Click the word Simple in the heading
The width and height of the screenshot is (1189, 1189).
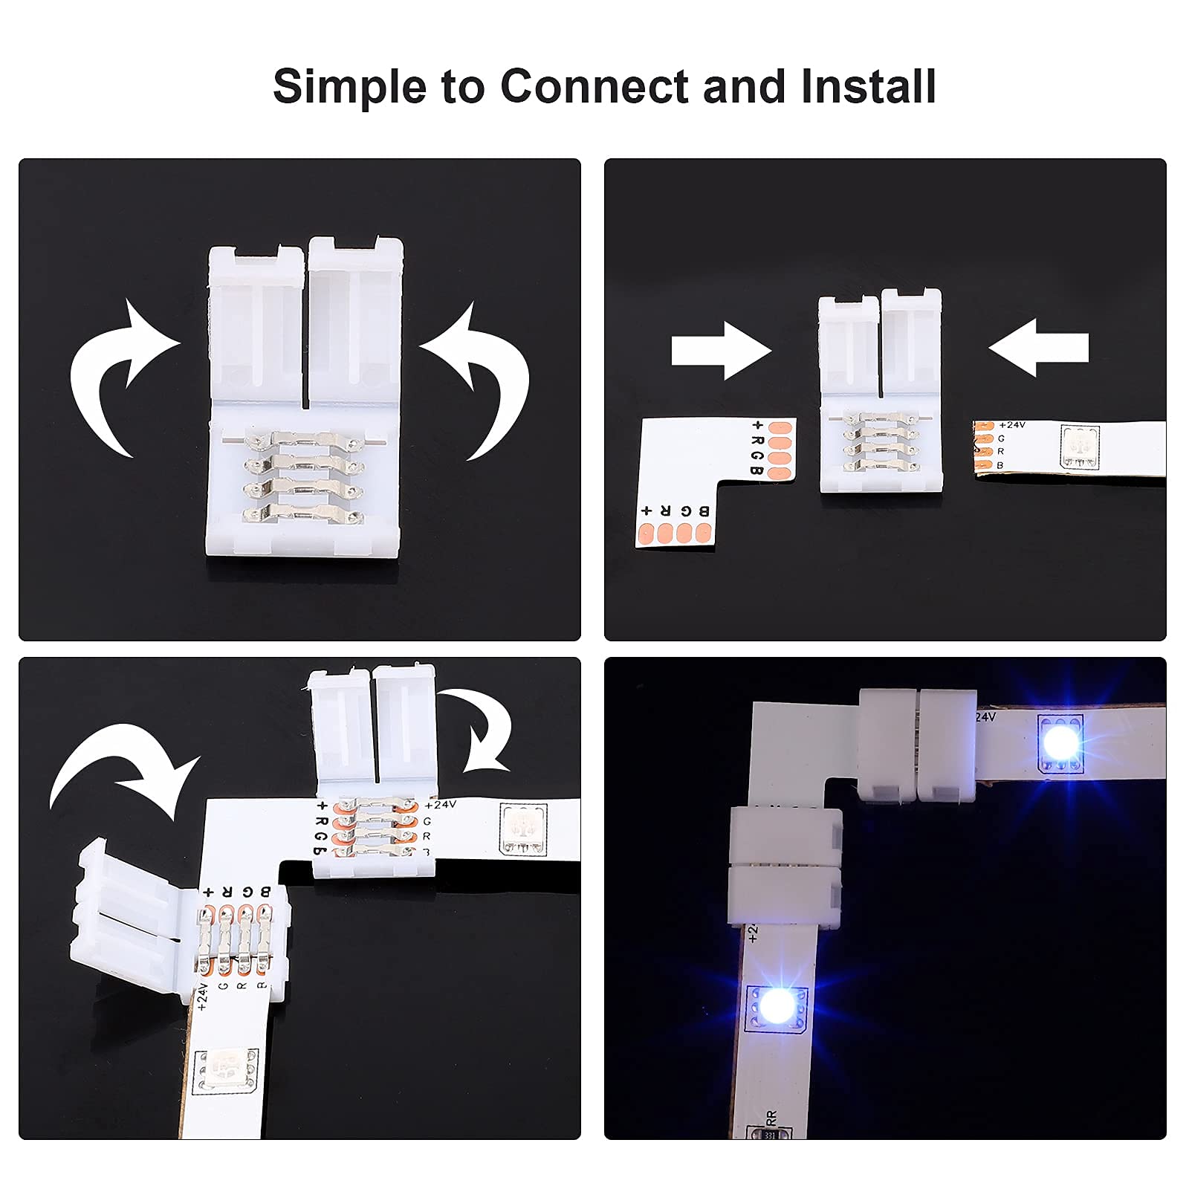tap(350, 86)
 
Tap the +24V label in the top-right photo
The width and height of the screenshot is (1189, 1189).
tap(1011, 425)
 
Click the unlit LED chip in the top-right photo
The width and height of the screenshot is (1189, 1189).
tap(1080, 447)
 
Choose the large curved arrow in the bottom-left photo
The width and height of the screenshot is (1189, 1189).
tap(123, 773)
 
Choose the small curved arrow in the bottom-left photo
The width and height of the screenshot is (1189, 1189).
tap(479, 732)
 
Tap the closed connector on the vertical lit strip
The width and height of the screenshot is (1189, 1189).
tap(785, 867)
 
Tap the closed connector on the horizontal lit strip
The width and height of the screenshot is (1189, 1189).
tap(918, 744)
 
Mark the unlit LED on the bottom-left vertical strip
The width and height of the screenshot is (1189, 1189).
tap(225, 1071)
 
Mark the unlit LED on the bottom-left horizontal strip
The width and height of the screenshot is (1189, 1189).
tap(524, 829)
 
